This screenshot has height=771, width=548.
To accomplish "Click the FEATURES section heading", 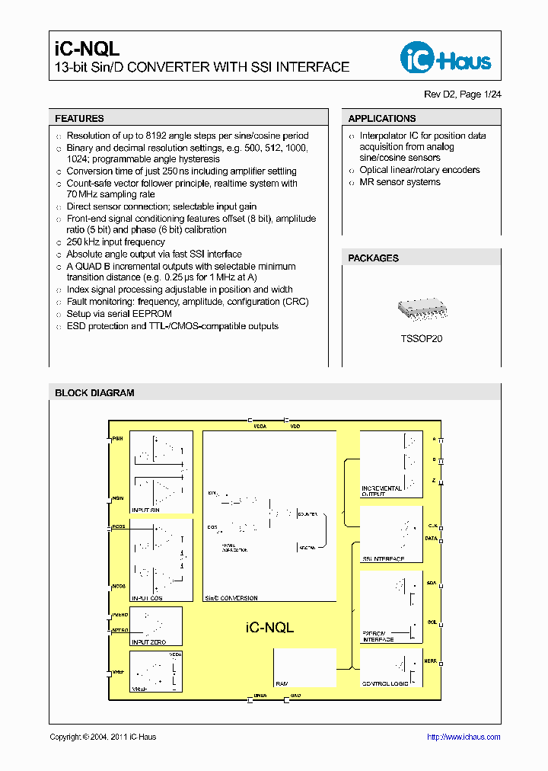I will click(x=80, y=119).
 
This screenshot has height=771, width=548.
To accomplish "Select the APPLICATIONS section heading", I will click(x=382, y=119).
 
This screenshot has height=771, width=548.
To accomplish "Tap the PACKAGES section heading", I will click(x=374, y=258).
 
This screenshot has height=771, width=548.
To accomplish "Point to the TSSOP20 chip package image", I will click(x=422, y=309).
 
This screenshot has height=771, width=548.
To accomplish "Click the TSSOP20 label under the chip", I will click(x=422, y=338).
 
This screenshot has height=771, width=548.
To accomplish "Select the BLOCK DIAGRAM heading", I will click(x=94, y=393).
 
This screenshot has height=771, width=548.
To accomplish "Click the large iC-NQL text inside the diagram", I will click(x=269, y=628).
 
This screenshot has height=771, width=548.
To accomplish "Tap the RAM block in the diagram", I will click(x=304, y=667).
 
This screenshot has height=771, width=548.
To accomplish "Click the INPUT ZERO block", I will click(x=156, y=626).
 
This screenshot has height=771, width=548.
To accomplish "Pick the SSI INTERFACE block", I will click(x=391, y=535).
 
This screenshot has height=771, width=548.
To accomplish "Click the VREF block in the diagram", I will click(x=156, y=670).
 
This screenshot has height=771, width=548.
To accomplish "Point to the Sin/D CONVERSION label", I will click(x=232, y=598).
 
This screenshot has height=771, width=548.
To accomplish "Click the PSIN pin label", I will click(x=117, y=439).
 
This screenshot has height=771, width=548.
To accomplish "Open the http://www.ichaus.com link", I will click(x=463, y=737).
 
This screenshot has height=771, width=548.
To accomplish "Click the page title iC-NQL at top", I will click(x=87, y=49).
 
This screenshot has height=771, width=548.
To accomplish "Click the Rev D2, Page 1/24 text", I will click(x=462, y=94).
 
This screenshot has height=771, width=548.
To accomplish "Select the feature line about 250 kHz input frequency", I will click(x=115, y=242).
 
